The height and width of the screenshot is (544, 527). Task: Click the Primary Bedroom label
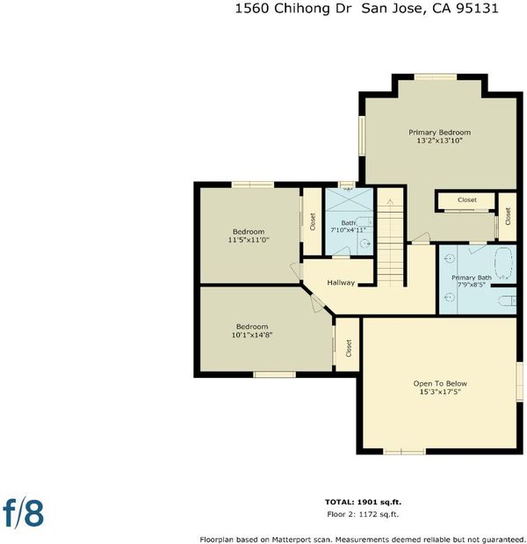(x=440, y=132)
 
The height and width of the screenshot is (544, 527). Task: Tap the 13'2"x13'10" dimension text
(x=440, y=141)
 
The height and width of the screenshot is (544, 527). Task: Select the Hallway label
(x=341, y=282)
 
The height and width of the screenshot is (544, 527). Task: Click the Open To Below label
(x=440, y=383)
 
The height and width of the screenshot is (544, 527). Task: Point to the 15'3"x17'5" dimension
(x=440, y=392)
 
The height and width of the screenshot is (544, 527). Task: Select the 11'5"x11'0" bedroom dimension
(x=249, y=240)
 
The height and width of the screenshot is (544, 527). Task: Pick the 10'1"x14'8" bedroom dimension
(x=252, y=335)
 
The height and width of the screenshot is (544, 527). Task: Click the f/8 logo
(x=24, y=514)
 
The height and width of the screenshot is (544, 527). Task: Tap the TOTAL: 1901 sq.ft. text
(x=363, y=502)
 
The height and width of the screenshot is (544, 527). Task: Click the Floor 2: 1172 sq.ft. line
(x=363, y=514)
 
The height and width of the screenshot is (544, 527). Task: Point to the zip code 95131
(x=477, y=8)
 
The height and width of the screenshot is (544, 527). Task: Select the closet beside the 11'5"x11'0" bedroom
(x=313, y=221)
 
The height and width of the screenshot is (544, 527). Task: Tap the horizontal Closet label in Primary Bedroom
(x=467, y=199)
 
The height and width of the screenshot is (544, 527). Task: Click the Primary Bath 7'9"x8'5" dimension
(x=471, y=285)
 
